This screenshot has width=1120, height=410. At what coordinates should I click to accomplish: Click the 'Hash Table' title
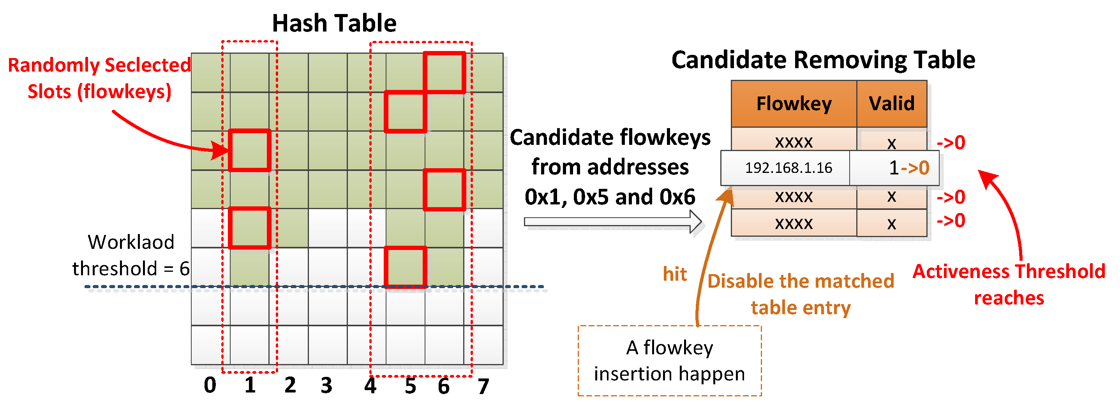(x=334, y=23)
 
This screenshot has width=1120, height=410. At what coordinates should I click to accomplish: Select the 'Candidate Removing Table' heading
(x=823, y=60)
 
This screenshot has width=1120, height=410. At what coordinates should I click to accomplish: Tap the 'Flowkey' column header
(x=794, y=104)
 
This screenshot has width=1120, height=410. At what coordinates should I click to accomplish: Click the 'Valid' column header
(x=891, y=104)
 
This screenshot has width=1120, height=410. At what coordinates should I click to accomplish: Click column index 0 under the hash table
(x=210, y=385)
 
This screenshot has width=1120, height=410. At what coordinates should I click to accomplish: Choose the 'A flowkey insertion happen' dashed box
(x=669, y=361)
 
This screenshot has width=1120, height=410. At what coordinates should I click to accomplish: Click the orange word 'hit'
(x=675, y=275)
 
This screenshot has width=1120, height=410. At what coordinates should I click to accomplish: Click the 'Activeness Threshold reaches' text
(x=1009, y=285)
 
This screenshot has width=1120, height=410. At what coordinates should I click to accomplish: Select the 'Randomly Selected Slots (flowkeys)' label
(x=99, y=78)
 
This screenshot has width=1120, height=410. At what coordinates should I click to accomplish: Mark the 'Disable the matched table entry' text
(x=801, y=294)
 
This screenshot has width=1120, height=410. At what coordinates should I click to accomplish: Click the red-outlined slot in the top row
(x=444, y=72)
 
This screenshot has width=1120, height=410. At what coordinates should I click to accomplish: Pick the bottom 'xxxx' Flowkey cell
(x=794, y=223)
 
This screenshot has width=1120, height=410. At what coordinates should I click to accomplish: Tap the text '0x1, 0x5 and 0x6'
(x=610, y=197)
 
